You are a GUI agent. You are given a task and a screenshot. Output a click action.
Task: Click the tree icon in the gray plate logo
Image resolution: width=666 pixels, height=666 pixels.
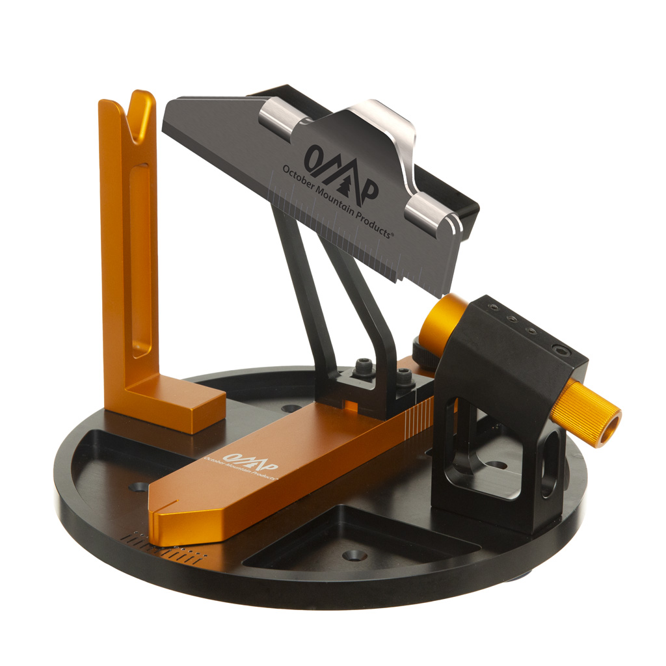coord(349,183)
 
